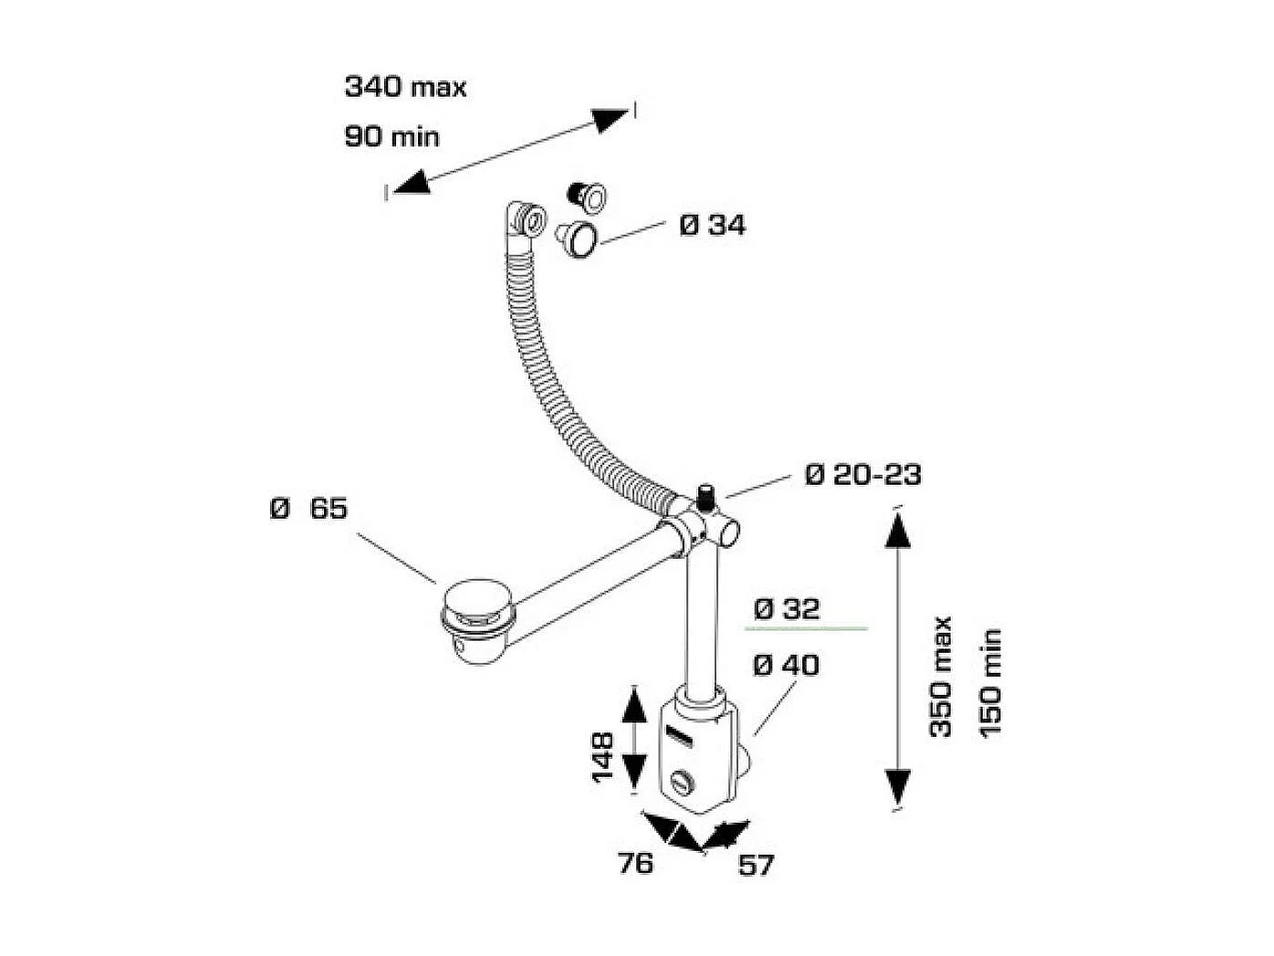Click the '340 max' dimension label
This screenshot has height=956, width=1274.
(x=405, y=87)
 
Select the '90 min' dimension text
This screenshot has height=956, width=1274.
(x=392, y=137)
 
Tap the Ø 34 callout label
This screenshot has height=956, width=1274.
(x=712, y=225)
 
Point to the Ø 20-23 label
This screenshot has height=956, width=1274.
(x=862, y=475)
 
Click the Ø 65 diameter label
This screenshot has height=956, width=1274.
(x=309, y=508)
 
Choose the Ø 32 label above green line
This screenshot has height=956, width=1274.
(x=787, y=608)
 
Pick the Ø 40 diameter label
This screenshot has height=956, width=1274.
(x=786, y=665)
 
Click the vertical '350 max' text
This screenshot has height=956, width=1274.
(x=940, y=677)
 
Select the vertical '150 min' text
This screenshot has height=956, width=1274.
(x=989, y=682)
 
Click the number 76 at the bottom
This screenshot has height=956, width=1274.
(x=635, y=862)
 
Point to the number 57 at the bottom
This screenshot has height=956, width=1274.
(x=756, y=865)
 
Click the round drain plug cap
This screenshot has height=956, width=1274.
(x=479, y=604)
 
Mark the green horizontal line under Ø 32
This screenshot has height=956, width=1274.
(x=806, y=629)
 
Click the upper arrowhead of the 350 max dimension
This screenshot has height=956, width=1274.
(x=897, y=530)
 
